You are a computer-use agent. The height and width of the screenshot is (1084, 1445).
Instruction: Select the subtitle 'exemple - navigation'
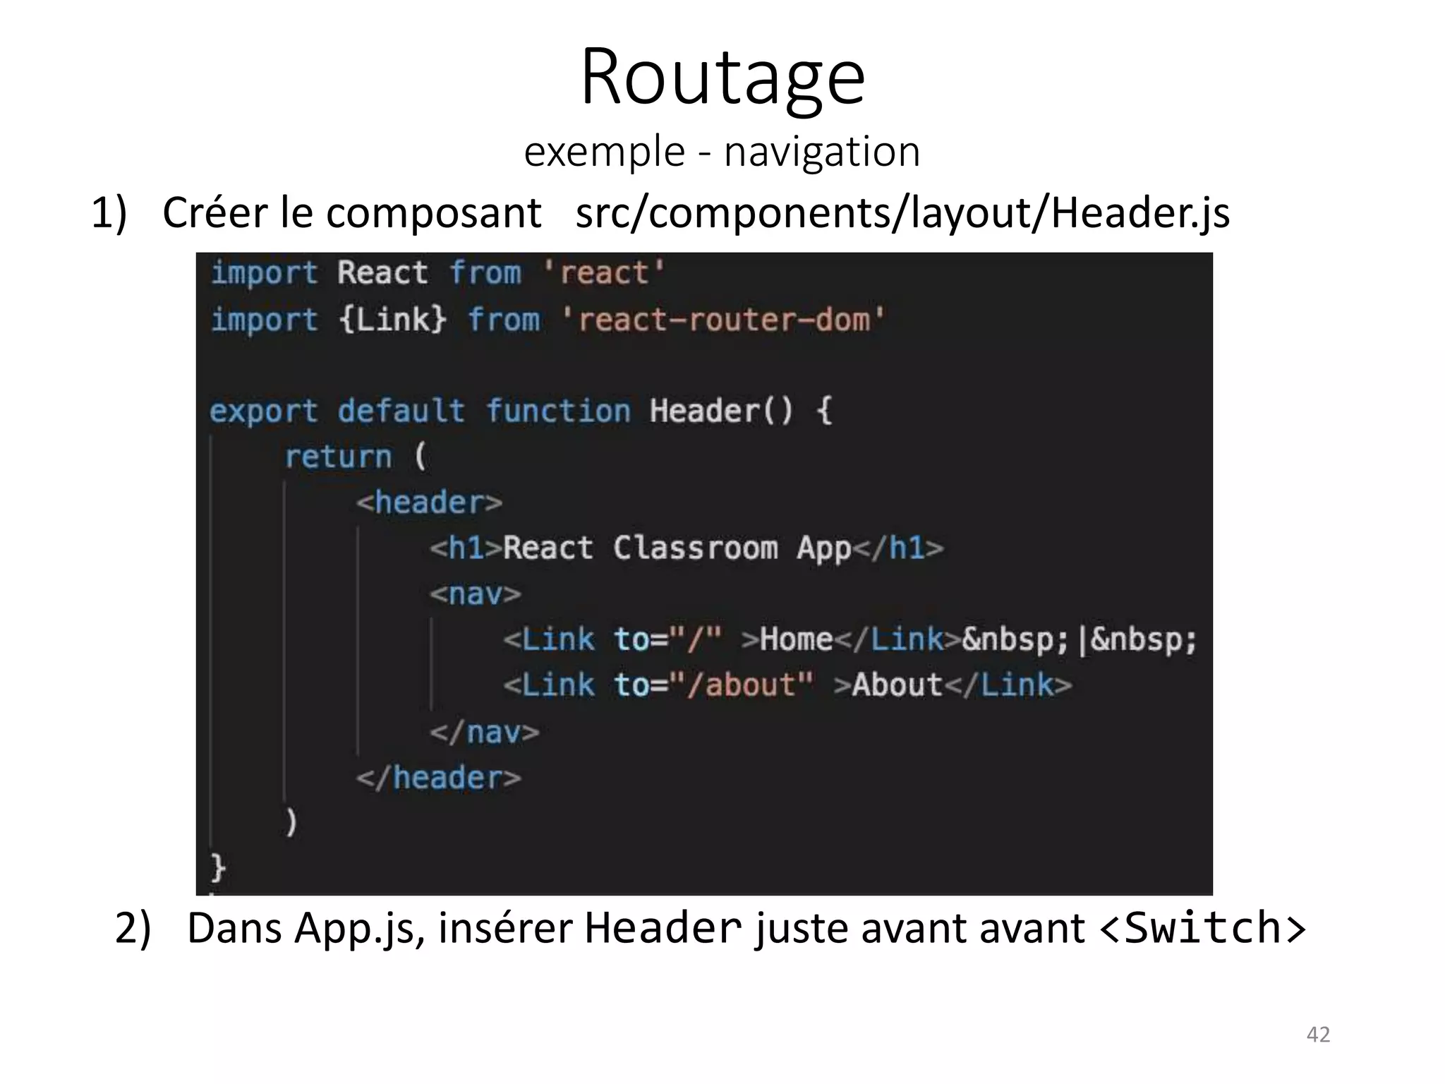tap(722, 152)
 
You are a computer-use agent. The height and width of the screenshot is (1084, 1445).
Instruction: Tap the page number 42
tap(1318, 1034)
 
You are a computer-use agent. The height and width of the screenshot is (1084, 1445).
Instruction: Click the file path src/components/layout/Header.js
tap(902, 212)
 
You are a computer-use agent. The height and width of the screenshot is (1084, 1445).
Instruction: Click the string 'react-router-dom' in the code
tap(723, 320)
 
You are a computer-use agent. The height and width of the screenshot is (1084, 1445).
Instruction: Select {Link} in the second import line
tap(392, 320)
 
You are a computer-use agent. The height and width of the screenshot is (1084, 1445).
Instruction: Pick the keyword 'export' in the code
tap(264, 411)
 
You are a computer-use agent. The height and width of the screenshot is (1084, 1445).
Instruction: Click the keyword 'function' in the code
tap(558, 411)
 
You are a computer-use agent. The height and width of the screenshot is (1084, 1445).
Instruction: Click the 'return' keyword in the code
tap(338, 457)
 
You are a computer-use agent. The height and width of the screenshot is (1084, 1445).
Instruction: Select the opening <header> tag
tap(429, 502)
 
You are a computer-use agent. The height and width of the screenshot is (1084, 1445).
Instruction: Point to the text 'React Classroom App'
tap(677, 548)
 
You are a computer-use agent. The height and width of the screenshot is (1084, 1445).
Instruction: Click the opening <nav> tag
tap(476, 594)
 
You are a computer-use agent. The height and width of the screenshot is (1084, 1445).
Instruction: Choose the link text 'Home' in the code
tap(797, 639)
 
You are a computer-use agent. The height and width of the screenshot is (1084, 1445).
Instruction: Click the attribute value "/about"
tap(741, 685)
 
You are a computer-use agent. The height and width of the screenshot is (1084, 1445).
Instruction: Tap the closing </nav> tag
tap(485, 732)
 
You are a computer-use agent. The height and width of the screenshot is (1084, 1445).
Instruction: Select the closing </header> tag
tap(438, 778)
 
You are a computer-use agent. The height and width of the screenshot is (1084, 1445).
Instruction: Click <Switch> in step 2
tap(1202, 928)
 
